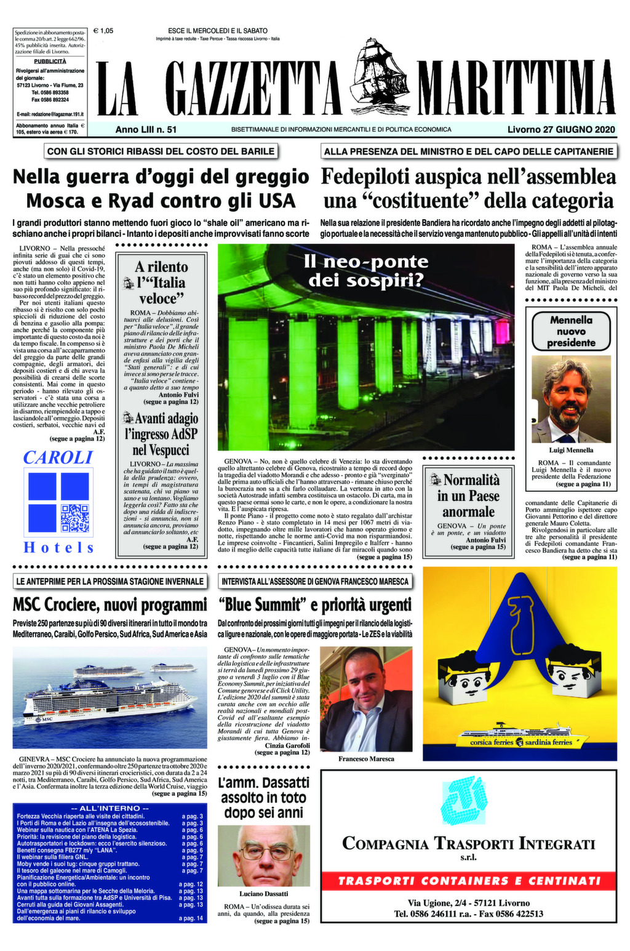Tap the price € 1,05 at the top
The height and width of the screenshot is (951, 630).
click(x=103, y=30)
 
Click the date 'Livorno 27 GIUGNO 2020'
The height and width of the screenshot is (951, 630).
click(x=561, y=130)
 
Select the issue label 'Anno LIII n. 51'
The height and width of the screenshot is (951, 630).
click(x=146, y=130)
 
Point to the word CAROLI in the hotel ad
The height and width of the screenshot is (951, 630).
click(x=58, y=457)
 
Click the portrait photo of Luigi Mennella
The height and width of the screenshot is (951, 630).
click(x=571, y=400)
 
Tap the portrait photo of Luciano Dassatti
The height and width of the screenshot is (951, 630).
click(x=263, y=856)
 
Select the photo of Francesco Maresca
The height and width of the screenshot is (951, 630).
click(x=365, y=699)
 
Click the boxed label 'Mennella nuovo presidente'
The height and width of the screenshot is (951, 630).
click(x=572, y=331)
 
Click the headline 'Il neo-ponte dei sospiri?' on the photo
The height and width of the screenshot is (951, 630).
click(x=365, y=271)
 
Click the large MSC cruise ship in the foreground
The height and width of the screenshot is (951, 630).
click(x=108, y=702)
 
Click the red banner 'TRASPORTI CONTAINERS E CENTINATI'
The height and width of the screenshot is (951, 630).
click(x=469, y=881)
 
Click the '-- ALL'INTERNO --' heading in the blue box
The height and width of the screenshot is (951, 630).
click(x=110, y=808)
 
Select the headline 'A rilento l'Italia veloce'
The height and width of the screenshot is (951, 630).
click(x=161, y=283)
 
